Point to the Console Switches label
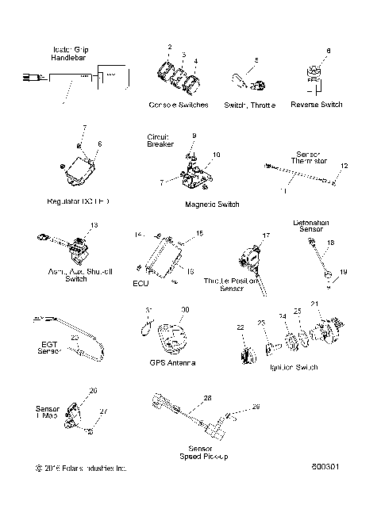[178, 105]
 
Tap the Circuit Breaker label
[160, 140]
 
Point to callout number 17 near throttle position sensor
[267, 235]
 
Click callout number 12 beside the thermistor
[344, 166]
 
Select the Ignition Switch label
[295, 368]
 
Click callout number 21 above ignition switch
[314, 304]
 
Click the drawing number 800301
[348, 468]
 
